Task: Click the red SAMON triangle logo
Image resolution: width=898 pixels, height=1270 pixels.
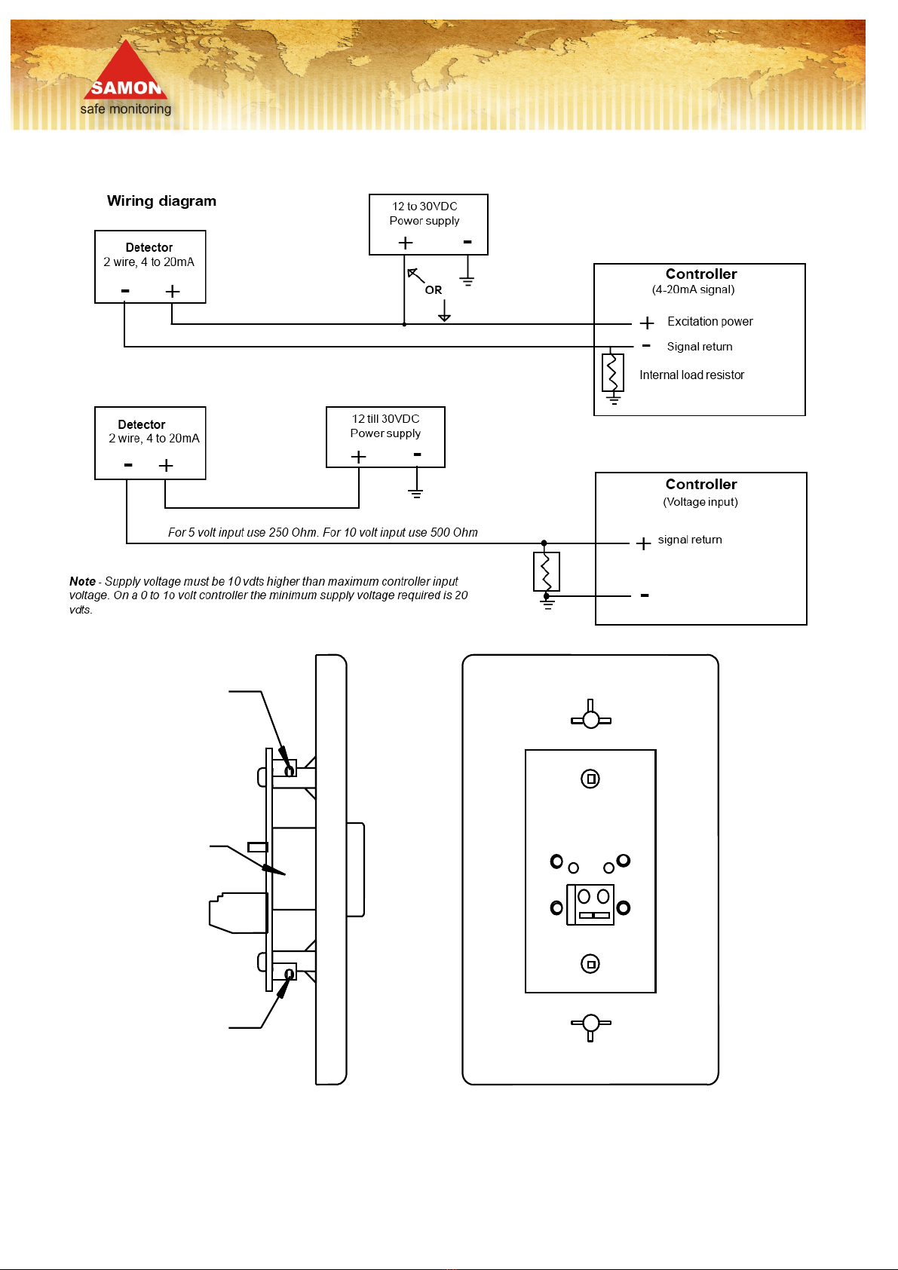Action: coord(125,70)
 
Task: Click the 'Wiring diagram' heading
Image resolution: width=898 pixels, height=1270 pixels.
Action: coord(161,200)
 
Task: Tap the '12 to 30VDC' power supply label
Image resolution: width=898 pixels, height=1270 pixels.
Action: coord(424,207)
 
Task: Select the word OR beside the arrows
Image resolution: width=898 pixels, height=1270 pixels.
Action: coord(434,289)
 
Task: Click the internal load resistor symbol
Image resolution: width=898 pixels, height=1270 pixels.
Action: coord(613,372)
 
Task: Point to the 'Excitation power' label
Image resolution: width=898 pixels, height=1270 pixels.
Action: coord(710,322)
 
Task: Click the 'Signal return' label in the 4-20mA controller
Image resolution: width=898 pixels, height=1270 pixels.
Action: coord(700,347)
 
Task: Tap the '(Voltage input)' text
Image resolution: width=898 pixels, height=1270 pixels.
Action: coord(700,502)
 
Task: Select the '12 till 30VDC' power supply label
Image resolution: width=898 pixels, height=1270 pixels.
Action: coord(385,418)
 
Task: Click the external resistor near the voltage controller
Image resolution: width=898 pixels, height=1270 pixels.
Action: coord(547,571)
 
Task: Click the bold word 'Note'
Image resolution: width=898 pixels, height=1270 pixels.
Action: coord(82,581)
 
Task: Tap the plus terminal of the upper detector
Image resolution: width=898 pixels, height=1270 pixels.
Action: coord(173,292)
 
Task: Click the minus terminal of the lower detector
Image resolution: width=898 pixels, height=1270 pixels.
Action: coord(128,465)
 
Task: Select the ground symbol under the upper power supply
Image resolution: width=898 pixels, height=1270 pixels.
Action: coord(467,280)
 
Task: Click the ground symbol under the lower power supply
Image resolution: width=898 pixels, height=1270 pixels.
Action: coord(415,493)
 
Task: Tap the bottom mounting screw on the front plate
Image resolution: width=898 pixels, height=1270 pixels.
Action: coord(590,1024)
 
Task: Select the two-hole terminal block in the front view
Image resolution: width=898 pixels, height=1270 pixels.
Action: coord(590,904)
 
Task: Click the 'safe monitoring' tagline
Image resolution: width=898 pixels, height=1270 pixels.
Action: coord(125,109)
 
